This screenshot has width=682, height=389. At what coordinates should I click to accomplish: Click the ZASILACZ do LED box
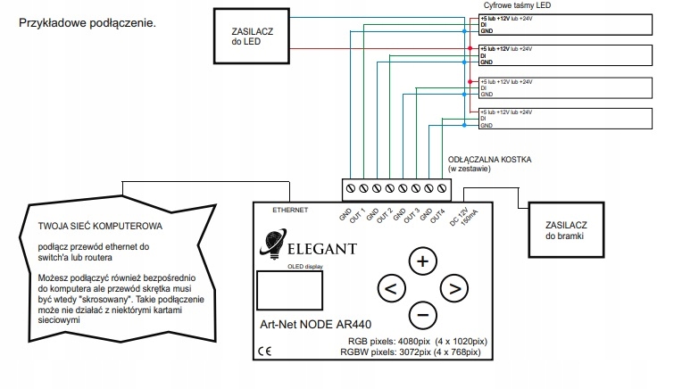(251, 35)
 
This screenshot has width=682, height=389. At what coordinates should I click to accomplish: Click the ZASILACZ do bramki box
(568, 227)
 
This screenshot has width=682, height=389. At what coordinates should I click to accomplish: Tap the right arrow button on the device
(454, 287)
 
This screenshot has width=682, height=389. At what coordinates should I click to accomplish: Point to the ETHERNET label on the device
(289, 210)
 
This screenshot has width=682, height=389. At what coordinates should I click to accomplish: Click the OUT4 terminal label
(437, 215)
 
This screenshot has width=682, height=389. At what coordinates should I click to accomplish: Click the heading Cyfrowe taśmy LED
(506, 6)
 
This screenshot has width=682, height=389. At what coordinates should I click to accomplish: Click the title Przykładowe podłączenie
(87, 21)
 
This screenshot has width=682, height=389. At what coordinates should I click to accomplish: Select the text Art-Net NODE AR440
(311, 325)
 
